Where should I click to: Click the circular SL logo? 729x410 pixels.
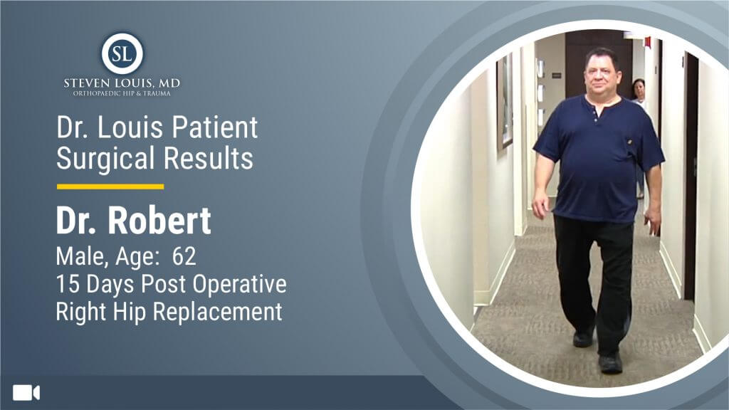(122, 53)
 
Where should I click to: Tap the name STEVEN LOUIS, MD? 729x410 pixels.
(122, 83)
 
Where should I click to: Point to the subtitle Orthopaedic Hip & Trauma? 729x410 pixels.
(122, 93)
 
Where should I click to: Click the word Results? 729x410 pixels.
(209, 158)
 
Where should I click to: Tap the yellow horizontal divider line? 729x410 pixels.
(110, 187)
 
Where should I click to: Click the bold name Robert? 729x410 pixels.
(160, 221)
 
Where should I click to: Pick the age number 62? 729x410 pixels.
(184, 256)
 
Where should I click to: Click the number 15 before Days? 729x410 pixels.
(68, 284)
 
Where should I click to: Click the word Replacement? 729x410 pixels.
(218, 312)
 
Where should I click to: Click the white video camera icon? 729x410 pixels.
(26, 393)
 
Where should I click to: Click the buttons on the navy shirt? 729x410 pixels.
(596, 116)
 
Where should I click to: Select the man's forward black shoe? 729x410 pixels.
(610, 362)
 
